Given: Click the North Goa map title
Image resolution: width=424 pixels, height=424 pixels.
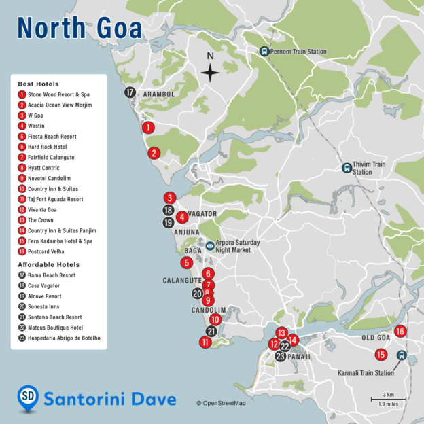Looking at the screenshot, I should (x=79, y=29).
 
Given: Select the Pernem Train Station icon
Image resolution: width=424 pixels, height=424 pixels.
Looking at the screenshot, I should (x=264, y=52).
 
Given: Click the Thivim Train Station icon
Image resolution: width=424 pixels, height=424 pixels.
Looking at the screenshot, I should (x=347, y=167).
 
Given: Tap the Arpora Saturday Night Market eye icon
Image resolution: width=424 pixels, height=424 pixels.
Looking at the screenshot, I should (x=210, y=246).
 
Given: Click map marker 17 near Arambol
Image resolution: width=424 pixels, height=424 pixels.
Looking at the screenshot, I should (x=130, y=92).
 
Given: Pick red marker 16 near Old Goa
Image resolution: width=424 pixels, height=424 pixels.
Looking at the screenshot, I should (x=400, y=332).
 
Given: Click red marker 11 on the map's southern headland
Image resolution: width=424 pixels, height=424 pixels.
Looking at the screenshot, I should (x=205, y=342).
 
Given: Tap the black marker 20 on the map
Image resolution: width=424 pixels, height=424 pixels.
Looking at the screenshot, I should (x=197, y=294).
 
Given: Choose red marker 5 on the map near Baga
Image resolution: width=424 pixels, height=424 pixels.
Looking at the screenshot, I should (x=186, y=262).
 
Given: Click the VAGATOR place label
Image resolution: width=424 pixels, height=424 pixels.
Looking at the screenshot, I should (x=203, y=214).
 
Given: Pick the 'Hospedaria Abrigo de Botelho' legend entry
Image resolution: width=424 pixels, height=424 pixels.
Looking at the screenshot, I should (x=63, y=338).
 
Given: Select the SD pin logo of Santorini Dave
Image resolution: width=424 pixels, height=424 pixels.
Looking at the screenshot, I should (x=28, y=398).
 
